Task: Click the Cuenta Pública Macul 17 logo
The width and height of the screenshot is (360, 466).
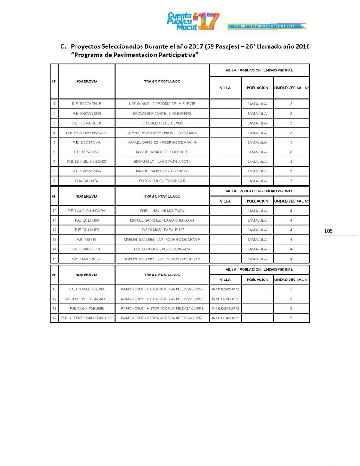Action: tap(193, 21)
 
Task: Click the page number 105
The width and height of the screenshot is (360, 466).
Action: tap(328, 231)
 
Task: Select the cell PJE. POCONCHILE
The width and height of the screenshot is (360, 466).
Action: tap(86, 104)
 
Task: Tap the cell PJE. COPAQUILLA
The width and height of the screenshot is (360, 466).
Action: tap(86, 123)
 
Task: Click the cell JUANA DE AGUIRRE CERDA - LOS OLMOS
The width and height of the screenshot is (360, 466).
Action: tap(162, 133)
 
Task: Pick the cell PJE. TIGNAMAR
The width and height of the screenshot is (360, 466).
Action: tap(86, 152)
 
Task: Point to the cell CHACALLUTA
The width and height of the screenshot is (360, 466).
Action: tap(86, 181)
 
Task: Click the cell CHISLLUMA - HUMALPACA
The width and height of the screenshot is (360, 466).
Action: tap(162, 211)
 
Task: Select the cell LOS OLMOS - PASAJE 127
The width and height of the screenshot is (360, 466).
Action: tap(162, 230)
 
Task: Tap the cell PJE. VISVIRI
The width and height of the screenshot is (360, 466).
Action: tap(86, 239)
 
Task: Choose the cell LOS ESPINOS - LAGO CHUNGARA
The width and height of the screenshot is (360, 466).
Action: tap(162, 249)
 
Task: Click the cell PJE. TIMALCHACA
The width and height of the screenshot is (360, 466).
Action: tap(86, 258)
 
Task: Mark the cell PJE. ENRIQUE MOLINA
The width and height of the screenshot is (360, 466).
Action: tap(86, 289)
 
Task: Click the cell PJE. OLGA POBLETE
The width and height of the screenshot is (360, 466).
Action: tap(86, 309)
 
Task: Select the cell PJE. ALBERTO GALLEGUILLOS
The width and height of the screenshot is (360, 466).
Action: tap(86, 318)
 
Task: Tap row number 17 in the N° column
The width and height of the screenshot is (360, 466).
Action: tap(54, 299)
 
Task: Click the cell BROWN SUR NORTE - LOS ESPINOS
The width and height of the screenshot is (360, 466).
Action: tap(162, 113)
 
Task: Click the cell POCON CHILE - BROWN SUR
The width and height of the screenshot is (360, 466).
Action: tap(162, 181)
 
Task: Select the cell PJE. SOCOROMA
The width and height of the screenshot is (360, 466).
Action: tap(86, 142)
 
